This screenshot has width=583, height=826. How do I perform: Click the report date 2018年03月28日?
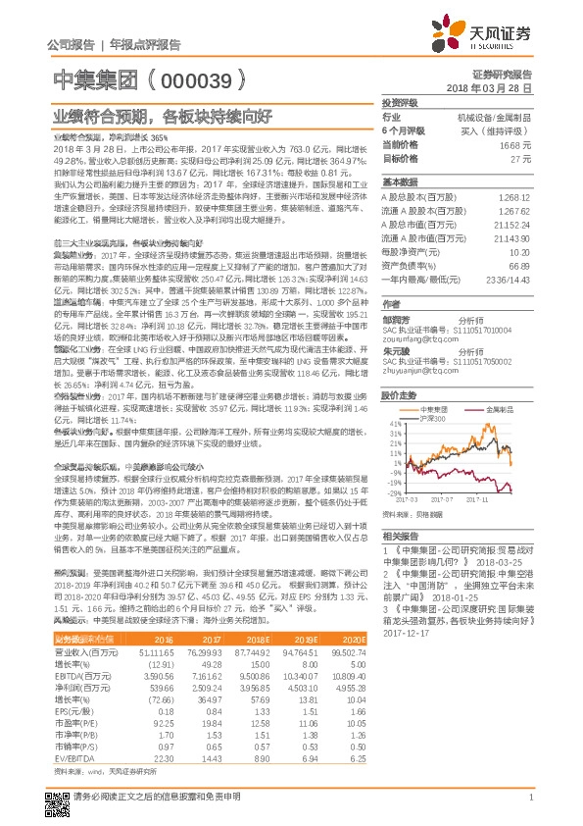click(499, 87)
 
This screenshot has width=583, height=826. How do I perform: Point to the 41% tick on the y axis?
click(394, 424)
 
